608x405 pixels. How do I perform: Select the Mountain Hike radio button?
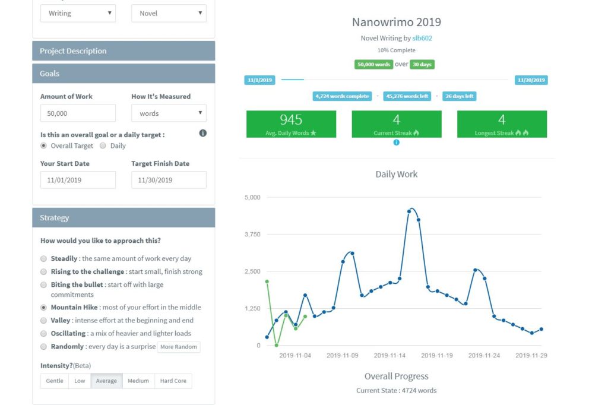43,308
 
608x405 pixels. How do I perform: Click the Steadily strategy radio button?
43,259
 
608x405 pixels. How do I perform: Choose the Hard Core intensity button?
173,381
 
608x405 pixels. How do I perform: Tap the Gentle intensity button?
55,381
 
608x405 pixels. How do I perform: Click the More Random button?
179,347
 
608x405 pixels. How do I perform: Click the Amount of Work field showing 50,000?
78,113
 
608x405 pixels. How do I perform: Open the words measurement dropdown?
169,113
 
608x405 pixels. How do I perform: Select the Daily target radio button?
103,145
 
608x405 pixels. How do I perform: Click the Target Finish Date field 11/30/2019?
169,180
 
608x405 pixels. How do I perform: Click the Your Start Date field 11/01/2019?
78,180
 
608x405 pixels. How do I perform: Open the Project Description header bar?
123,51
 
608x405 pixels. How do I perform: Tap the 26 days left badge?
458,96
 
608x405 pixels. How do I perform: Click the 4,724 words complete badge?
342,96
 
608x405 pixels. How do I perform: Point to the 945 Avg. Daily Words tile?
291,124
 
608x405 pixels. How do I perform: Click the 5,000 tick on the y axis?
252,198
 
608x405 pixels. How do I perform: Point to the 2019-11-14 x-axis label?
389,356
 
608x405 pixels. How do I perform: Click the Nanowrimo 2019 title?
396,23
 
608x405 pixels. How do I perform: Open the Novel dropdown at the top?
169,13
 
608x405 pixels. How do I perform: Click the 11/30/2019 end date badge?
531,80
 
